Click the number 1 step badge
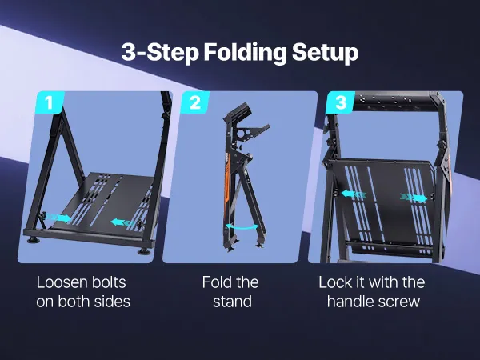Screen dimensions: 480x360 coord(50,102)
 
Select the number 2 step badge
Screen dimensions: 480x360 coord(195,102)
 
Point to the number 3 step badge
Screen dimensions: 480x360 coord(341,102)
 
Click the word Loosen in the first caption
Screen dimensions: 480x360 coord(61,282)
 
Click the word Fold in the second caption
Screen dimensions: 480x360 coord(216,282)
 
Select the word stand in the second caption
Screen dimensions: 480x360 coord(232,302)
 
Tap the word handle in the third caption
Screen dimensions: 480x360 coord(350,302)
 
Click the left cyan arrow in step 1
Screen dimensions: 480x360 coord(58,218)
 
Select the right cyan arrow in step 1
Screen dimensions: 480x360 coord(123,222)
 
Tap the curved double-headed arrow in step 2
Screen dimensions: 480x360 coord(242,227)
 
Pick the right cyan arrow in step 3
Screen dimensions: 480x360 coord(414,198)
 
